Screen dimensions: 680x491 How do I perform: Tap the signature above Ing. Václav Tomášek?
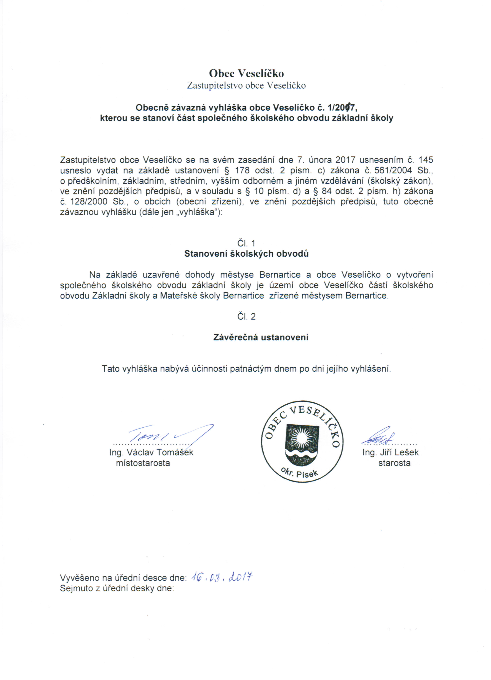pyautogui.click(x=168, y=435)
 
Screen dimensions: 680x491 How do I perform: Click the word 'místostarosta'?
pyautogui.click(x=143, y=463)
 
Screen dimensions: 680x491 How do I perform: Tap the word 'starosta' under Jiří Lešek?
pyautogui.click(x=394, y=463)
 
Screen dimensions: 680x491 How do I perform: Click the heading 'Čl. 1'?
pyautogui.click(x=246, y=243)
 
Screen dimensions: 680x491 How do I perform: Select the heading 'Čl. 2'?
pyautogui.click(x=246, y=317)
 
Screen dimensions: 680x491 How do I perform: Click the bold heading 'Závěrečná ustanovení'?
pyautogui.click(x=261, y=337)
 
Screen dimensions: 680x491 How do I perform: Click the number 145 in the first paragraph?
pyautogui.click(x=426, y=160)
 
